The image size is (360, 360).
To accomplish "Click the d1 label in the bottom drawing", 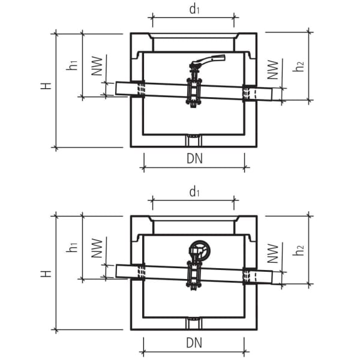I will click(194, 191).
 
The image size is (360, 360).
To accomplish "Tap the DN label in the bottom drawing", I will click(193, 343).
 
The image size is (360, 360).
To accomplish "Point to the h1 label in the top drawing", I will click(72, 64).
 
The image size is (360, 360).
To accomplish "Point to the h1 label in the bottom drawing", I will click(72, 246).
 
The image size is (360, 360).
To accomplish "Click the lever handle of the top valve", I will click(206, 60).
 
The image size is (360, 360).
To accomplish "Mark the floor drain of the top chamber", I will click(193, 142).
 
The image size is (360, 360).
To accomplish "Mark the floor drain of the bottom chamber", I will click(193, 325).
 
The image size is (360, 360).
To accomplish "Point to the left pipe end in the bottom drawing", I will click(119, 271).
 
